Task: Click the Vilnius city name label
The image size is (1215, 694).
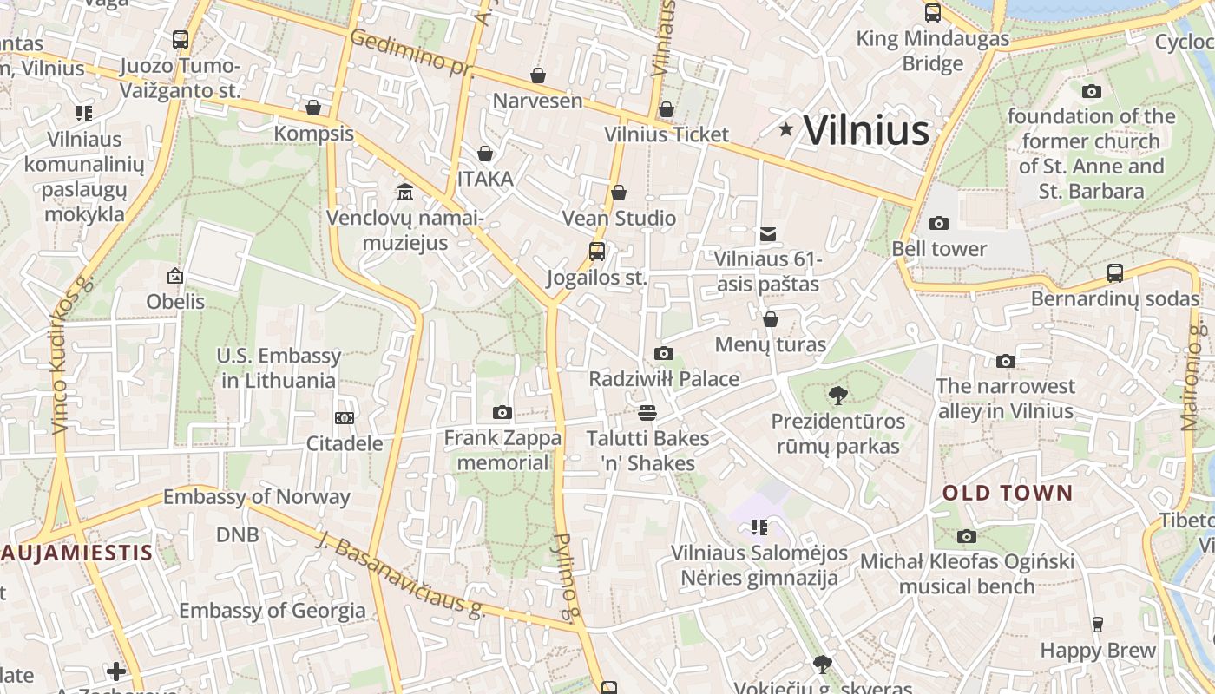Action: pyautogui.click(x=866, y=130)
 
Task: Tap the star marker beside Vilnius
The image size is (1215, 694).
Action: pyautogui.click(x=786, y=129)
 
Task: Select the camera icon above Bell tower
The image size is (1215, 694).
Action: pyautogui.click(x=939, y=223)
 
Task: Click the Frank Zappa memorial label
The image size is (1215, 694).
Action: pyautogui.click(x=502, y=450)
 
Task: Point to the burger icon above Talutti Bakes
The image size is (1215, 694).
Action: pyautogui.click(x=647, y=412)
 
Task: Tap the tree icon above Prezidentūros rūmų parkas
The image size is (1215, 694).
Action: pyautogui.click(x=837, y=396)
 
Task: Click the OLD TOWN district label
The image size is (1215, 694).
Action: pyautogui.click(x=1008, y=493)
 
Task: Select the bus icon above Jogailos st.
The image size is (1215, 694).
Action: pyautogui.click(x=597, y=252)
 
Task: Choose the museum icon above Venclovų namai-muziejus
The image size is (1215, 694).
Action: pyautogui.click(x=405, y=191)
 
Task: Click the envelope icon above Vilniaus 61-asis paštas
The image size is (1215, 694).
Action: pyautogui.click(x=767, y=233)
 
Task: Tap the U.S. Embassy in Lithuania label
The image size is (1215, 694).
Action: pyautogui.click(x=279, y=368)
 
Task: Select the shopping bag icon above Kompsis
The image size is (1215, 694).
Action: pyautogui.click(x=313, y=108)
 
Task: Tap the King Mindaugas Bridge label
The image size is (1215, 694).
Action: pyautogui.click(x=933, y=51)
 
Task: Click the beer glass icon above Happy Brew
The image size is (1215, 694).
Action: pyautogui.click(x=1098, y=624)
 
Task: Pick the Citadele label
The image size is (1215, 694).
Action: pyautogui.click(x=345, y=443)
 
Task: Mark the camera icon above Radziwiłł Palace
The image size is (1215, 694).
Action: pyautogui.click(x=664, y=353)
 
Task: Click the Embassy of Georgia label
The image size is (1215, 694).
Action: pyautogui.click(x=273, y=611)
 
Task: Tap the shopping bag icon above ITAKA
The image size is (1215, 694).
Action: pyautogui.click(x=485, y=154)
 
